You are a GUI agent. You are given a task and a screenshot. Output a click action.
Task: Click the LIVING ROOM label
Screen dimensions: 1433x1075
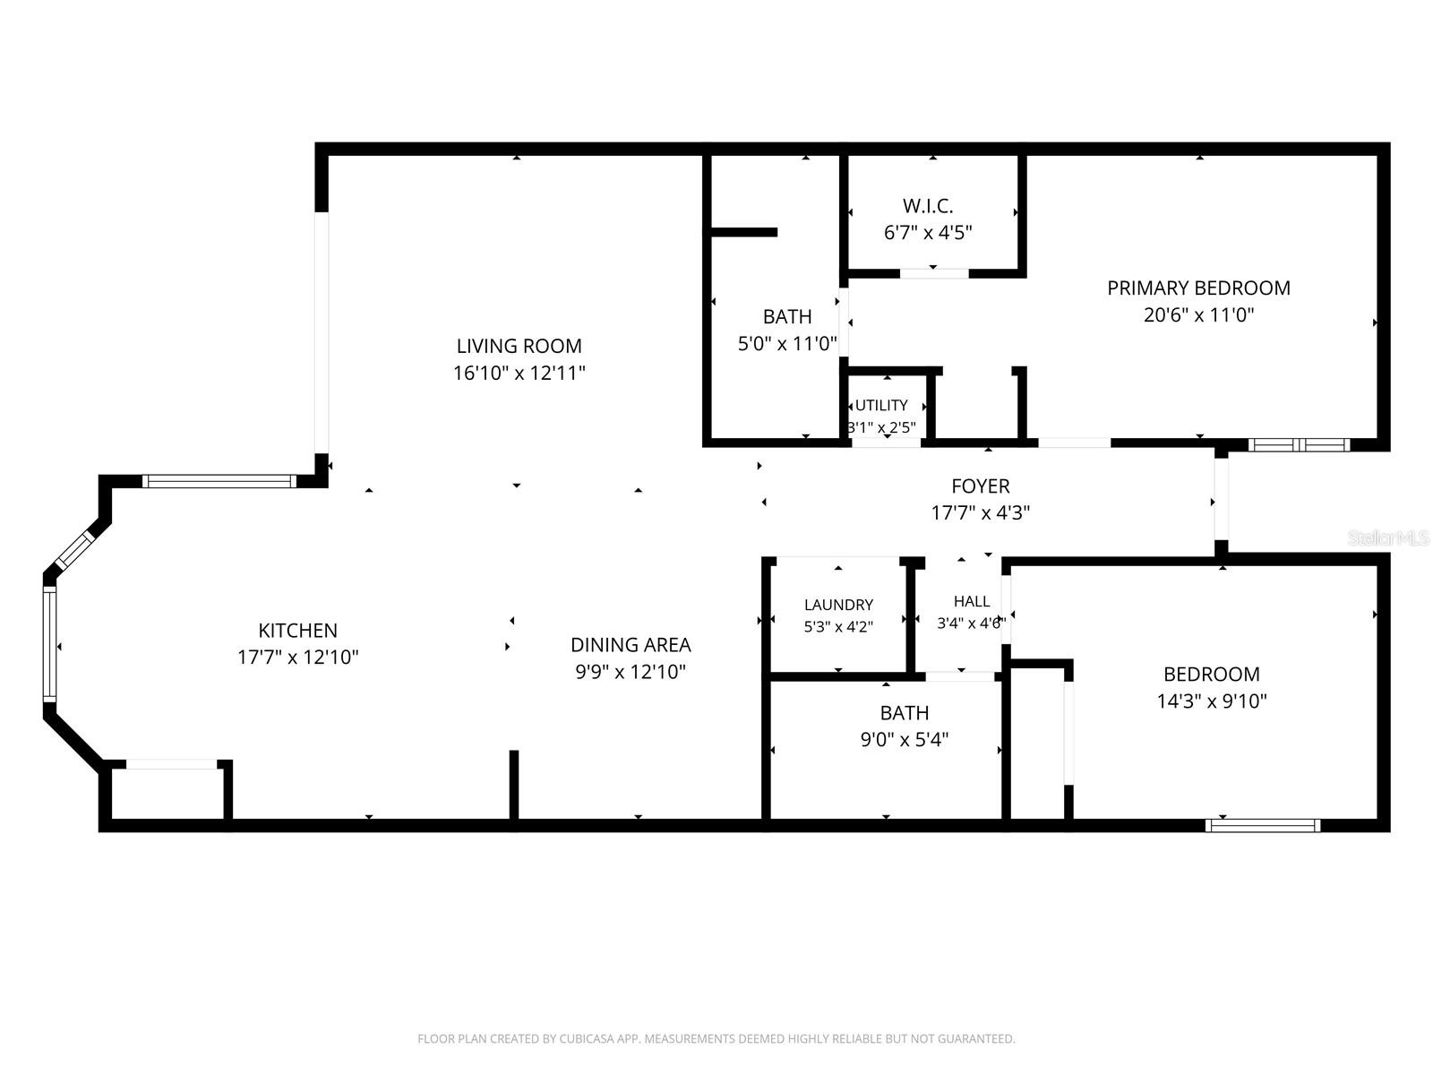coord(519,346)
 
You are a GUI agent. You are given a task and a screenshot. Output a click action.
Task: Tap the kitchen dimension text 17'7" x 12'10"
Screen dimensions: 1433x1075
coord(297,657)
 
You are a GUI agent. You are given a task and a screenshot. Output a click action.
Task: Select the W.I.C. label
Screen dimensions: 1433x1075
coord(928,206)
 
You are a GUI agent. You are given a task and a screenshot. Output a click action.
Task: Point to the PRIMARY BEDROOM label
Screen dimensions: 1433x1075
coord(1198,288)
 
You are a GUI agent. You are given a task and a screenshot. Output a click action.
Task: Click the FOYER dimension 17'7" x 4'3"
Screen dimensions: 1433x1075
coord(980,513)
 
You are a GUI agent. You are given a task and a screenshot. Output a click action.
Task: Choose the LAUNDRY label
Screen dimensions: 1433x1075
coord(838,605)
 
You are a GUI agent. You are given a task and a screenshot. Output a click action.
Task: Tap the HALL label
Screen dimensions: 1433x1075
coord(972,601)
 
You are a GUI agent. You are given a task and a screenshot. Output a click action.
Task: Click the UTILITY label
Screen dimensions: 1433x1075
coord(881,405)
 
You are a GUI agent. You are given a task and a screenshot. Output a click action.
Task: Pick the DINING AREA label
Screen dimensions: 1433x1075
coord(631,645)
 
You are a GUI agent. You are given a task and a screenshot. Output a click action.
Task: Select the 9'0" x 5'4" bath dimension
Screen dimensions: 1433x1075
coord(905,740)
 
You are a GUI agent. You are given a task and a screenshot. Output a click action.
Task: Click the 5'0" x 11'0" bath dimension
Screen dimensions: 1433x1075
coord(787,343)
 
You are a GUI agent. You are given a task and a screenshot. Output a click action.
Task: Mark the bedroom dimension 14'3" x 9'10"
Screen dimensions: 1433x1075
coord(1212,701)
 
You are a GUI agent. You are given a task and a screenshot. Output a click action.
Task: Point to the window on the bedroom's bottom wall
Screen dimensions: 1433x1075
coord(1263,826)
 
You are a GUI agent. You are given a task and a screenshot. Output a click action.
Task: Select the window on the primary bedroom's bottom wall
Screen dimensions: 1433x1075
coord(1299,445)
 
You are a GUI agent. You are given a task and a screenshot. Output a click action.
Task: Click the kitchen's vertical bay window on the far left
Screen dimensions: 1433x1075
coord(49,644)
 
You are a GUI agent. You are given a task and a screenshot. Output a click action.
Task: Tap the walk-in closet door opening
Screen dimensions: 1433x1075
coord(934,273)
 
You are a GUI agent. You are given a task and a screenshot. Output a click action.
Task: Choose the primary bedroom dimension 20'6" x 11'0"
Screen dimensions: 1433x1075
coord(1198,315)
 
